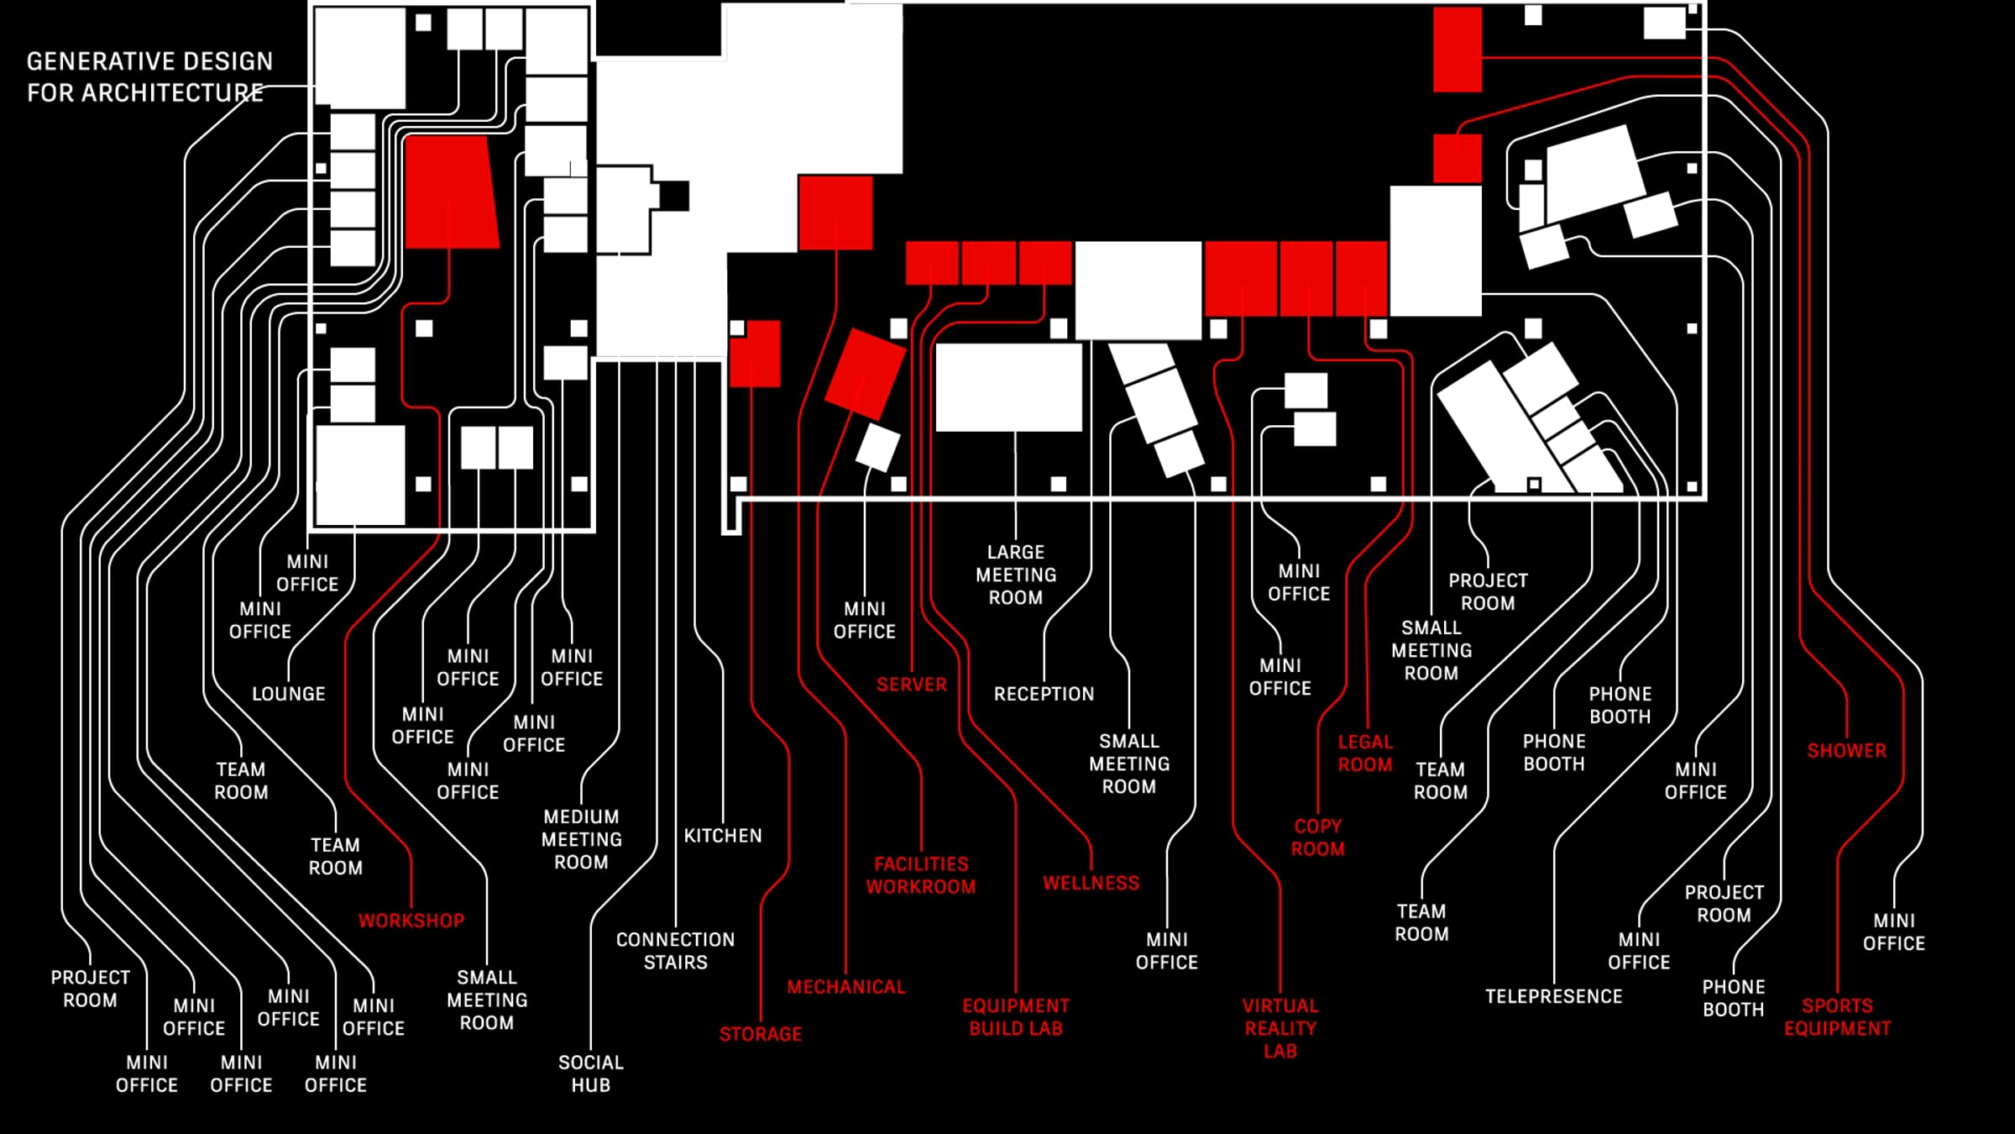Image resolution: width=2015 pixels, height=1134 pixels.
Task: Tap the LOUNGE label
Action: pos(289,694)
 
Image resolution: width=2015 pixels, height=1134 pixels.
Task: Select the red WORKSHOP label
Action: pos(411,921)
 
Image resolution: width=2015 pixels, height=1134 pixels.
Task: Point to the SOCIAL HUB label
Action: pos(591,1074)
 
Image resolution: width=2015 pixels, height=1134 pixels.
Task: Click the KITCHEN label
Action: pos(723,836)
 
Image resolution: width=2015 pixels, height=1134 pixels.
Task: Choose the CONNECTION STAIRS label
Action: pos(676,951)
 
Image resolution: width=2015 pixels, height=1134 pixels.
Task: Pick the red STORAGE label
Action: pos(761,1034)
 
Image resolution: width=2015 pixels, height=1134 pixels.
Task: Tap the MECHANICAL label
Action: pos(846,987)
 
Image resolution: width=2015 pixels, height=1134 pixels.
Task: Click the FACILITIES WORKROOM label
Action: pos(921,875)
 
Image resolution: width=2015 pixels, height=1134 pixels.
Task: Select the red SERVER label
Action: pos(912,685)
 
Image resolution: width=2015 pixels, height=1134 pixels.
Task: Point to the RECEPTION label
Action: pos(1044,694)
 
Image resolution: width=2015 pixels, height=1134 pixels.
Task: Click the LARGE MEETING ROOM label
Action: pos(1016,575)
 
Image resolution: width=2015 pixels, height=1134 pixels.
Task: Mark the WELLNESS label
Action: pos(1091,883)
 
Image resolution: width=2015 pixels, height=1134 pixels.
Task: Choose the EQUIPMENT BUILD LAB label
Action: pos(1016,1017)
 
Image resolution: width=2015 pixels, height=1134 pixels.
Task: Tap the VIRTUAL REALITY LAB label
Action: pos(1280,1028)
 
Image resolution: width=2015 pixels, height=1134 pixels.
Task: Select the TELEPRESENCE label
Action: pos(1554,996)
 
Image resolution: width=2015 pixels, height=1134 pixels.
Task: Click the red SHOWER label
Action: pos(1847,751)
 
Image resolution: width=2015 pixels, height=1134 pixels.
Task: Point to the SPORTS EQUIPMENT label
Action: pos(1838,1017)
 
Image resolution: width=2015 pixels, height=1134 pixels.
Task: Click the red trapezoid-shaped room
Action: pos(451,192)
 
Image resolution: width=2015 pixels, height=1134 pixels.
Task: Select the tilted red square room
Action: pos(866,374)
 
